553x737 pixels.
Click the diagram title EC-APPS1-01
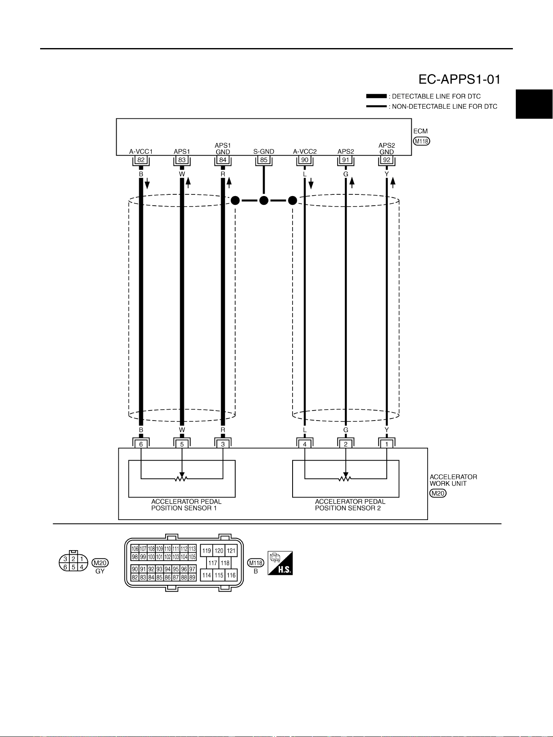459,79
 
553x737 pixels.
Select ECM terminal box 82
141,160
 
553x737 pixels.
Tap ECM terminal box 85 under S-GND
264,160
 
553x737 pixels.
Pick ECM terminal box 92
387,160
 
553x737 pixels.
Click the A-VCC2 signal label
305,152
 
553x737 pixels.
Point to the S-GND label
264,152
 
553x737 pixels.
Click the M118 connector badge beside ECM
421,141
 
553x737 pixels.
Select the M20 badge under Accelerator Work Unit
438,493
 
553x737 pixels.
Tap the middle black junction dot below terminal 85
264,201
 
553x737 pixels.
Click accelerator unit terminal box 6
141,444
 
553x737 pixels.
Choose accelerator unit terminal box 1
387,444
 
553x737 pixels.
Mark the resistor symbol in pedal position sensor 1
182,478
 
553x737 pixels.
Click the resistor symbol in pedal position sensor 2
346,478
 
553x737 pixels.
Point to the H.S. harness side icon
280,563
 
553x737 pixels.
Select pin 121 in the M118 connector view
231,551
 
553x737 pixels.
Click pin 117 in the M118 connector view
213,563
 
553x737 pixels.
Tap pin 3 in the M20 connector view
65,559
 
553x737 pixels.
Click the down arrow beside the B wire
147,184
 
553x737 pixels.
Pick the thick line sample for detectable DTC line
376,96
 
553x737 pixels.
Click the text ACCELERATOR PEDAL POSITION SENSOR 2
350,505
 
